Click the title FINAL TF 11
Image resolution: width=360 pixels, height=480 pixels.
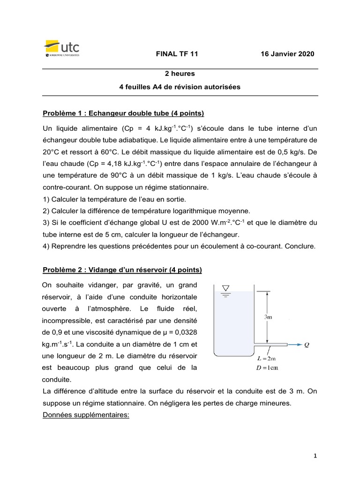click(177, 54)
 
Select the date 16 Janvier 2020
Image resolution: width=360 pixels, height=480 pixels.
click(288, 54)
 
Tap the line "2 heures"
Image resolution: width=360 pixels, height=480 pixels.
click(180, 74)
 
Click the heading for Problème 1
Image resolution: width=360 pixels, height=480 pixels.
click(123, 113)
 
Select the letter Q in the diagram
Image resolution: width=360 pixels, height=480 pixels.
click(307, 345)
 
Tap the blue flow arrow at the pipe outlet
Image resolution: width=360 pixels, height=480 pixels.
click(296, 345)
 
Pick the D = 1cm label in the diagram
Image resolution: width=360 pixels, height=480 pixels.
click(268, 368)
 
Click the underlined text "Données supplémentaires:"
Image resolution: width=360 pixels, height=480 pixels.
click(86, 415)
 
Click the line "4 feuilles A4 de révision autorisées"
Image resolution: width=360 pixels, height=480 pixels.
click(180, 86)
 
